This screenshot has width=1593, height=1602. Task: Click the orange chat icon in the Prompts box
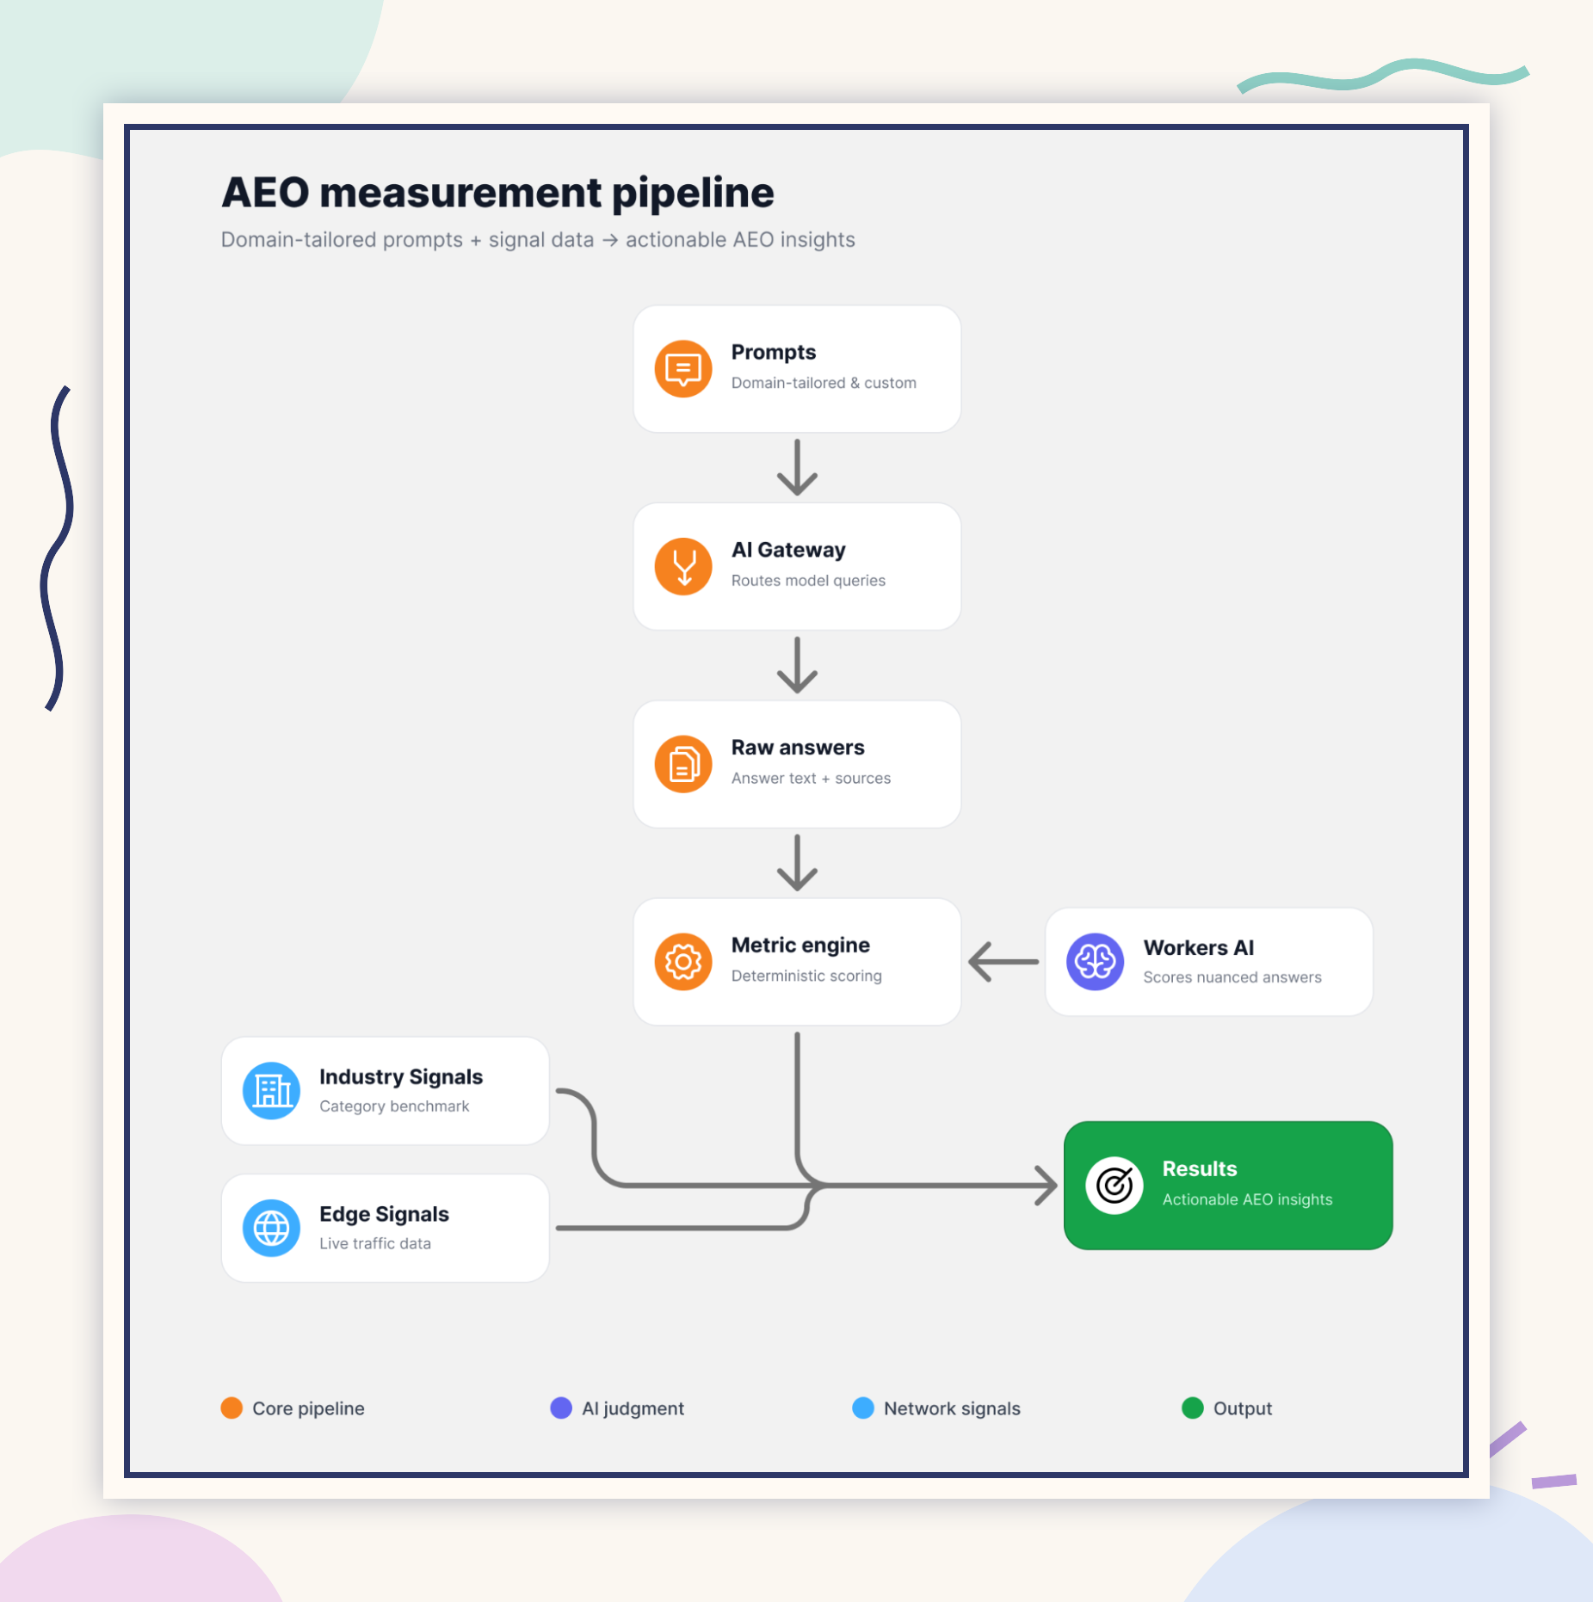[x=682, y=369]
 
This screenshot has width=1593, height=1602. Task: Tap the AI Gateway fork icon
[x=682, y=567]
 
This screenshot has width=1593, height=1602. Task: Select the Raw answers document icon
[x=682, y=764]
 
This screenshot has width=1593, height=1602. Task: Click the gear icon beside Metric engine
[x=682, y=962]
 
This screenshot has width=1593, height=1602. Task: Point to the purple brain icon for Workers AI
[x=1095, y=962]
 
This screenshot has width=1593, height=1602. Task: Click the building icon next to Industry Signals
[x=271, y=1091]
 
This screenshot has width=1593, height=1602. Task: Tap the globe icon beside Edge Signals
[x=271, y=1229]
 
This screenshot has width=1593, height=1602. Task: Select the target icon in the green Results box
[x=1114, y=1186]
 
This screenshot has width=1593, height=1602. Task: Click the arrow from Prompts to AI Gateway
[x=797, y=467]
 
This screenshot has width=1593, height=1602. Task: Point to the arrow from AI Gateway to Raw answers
[x=797, y=665]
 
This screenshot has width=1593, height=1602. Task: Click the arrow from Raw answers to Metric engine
[x=797, y=862]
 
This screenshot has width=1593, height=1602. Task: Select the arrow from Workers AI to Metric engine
[x=1003, y=962]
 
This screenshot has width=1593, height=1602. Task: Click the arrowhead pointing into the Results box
[x=1046, y=1186]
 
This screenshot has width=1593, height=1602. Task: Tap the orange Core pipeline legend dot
[x=232, y=1408]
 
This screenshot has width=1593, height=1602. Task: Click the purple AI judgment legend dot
[x=561, y=1408]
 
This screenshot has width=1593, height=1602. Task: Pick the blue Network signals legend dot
[x=863, y=1408]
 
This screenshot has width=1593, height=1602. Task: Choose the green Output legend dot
[x=1193, y=1408]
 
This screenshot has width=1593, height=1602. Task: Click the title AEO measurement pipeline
[x=497, y=193]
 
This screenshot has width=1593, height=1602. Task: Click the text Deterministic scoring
[x=806, y=976]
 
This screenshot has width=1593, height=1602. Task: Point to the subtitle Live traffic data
[x=375, y=1243]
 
